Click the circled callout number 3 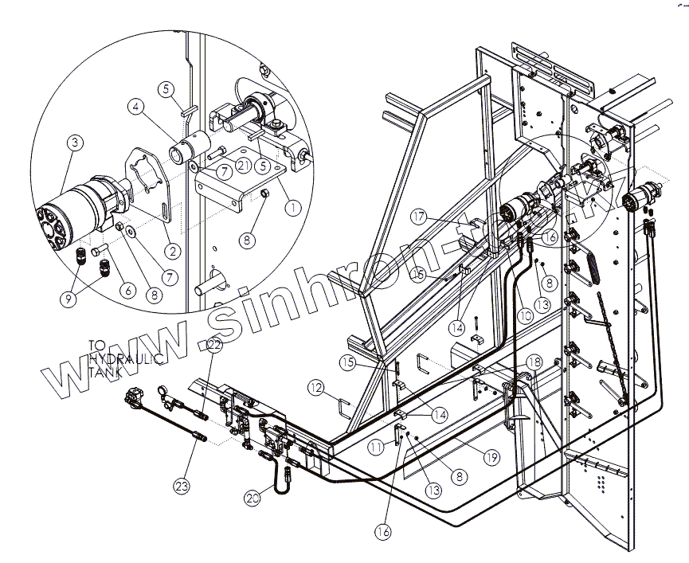[x=75, y=143]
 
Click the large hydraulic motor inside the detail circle [x=80, y=210]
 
